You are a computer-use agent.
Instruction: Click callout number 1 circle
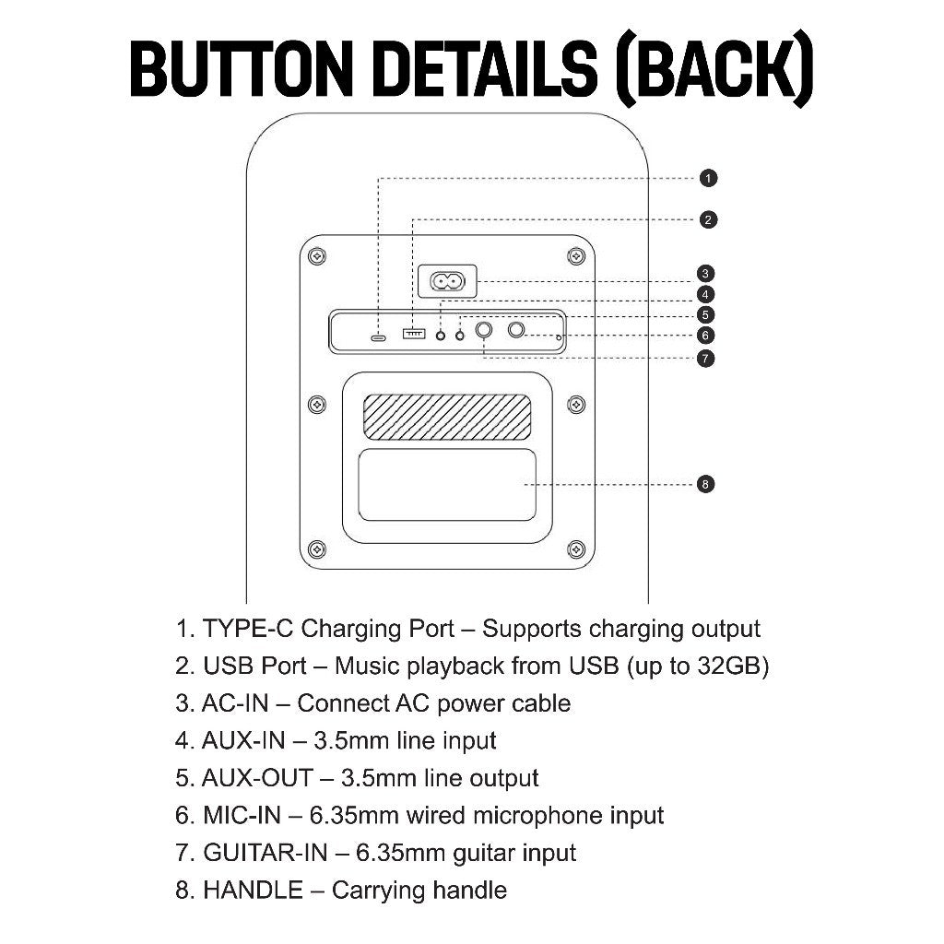click(x=708, y=178)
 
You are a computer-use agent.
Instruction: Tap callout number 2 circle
click(x=708, y=219)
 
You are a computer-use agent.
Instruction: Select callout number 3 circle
click(x=705, y=273)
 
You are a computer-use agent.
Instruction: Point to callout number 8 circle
click(x=705, y=484)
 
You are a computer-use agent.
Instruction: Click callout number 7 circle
click(x=705, y=359)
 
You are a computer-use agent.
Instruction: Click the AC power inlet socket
click(x=447, y=281)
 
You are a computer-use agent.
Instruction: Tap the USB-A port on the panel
click(x=414, y=333)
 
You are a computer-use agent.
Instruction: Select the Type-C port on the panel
click(x=378, y=337)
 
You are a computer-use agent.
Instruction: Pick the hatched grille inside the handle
click(x=447, y=418)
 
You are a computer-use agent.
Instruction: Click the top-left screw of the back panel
click(x=317, y=256)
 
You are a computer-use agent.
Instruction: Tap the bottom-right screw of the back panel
click(x=576, y=549)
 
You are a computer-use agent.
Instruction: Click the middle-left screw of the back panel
click(x=317, y=405)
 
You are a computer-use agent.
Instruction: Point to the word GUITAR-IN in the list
click(x=265, y=853)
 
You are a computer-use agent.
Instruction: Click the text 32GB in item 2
click(x=729, y=666)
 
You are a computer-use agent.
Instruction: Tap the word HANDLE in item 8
click(x=253, y=891)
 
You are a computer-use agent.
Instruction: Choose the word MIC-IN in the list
click(x=242, y=816)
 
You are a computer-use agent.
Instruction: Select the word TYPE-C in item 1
click(x=248, y=629)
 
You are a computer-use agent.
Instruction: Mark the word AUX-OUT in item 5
click(x=258, y=778)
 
